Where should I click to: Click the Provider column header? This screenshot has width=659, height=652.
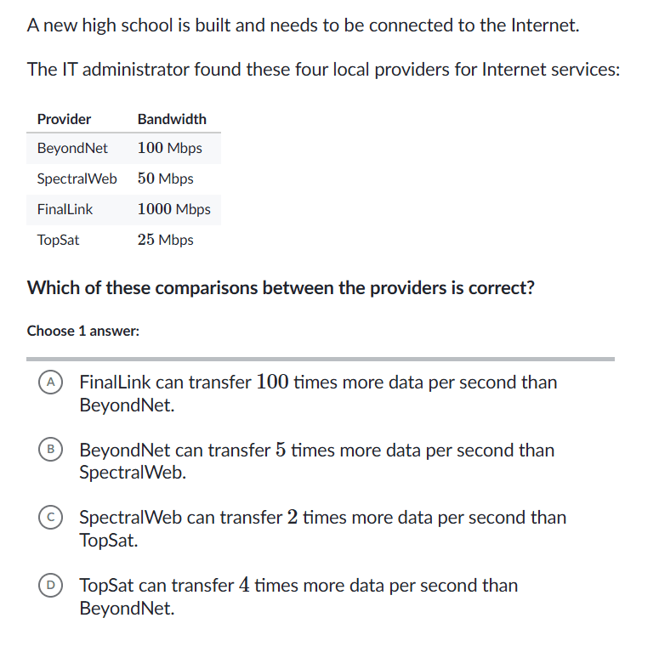64,119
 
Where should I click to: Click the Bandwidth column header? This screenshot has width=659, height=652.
172,119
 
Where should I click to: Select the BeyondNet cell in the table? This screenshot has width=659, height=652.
72,148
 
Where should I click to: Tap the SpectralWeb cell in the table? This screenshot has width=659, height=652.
77,179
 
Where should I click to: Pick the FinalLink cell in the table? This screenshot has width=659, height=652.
65,209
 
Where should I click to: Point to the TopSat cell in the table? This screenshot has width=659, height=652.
58,240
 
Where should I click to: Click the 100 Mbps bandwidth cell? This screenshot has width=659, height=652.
169,148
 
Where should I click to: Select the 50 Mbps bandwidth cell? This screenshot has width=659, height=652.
165,179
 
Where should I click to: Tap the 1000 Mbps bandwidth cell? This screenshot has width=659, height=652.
173,209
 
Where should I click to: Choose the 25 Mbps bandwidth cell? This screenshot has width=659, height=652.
165,240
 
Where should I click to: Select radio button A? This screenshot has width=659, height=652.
51,383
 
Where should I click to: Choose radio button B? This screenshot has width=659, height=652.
51,451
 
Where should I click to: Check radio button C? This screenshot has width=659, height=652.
51,518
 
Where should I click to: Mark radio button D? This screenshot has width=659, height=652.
51,586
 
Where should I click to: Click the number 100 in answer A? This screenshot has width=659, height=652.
272,383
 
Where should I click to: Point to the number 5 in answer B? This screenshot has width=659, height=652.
280,451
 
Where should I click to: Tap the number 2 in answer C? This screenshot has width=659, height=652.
292,518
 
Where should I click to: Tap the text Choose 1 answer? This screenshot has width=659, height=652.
82,331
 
